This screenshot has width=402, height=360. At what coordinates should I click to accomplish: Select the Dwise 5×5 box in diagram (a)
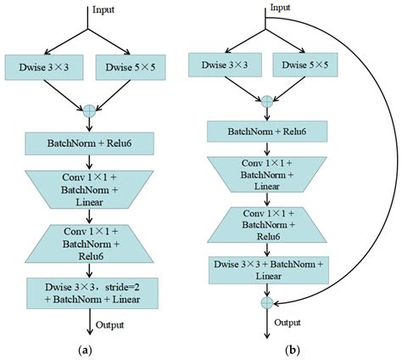tap(131, 65)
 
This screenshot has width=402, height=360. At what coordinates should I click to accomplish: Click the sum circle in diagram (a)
tap(87, 110)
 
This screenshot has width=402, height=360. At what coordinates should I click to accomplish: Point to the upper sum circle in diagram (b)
tap(267, 101)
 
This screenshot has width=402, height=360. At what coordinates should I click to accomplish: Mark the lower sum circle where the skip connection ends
tap(267, 302)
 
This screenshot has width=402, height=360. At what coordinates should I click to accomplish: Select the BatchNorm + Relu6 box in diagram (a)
tap(87, 143)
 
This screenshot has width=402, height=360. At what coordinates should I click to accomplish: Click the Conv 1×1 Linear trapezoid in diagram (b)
tap(267, 173)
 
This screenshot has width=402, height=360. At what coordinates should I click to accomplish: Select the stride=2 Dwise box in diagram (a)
tap(87, 293)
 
